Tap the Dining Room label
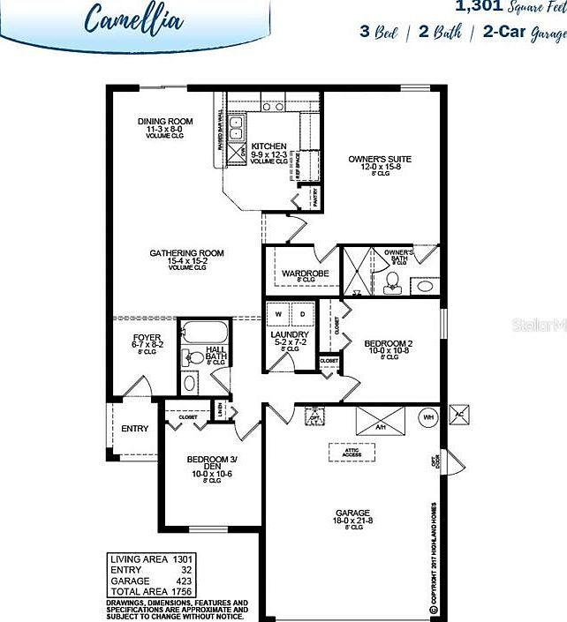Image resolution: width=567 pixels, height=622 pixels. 164,122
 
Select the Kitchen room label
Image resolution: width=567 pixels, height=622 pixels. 268,146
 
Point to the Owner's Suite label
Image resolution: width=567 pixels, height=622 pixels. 380,160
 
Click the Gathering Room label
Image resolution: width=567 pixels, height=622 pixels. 186,253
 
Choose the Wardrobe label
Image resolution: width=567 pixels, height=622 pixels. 305,274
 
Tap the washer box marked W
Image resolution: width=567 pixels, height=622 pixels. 280,314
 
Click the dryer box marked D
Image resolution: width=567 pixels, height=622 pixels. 302,314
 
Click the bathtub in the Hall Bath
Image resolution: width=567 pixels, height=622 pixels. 205,334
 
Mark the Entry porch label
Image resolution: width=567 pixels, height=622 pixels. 134,429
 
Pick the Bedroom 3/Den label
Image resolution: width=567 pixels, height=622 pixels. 209,460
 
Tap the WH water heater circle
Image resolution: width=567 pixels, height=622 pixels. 427,416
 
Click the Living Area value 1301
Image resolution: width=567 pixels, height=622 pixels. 183,559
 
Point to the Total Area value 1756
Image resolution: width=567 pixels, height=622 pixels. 183,590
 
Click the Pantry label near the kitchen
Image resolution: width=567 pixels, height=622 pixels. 314,196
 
